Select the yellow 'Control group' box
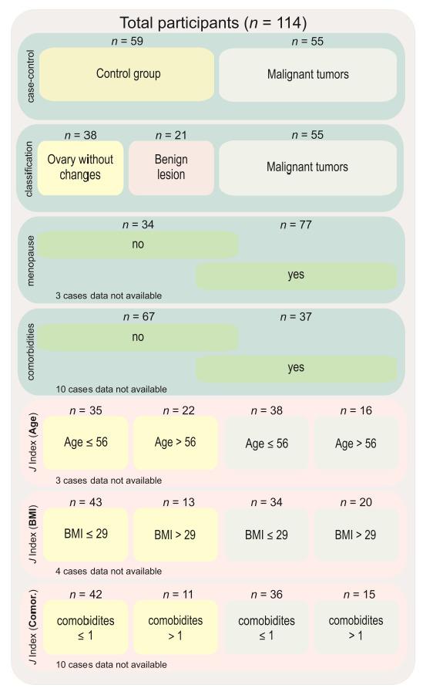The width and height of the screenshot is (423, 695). tap(127, 75)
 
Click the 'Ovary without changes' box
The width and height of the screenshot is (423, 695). tap(80, 167)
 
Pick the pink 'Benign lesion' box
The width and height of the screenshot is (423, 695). tap(171, 167)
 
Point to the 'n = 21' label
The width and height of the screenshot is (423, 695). tap(171, 134)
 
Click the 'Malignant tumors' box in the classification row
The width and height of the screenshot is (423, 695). tap(307, 167)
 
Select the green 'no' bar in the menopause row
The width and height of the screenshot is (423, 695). tap(139, 245)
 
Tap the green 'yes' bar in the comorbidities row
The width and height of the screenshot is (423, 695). tap(296, 368)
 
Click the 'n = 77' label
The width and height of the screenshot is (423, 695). tap(296, 225)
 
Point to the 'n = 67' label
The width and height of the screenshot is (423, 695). tap(139, 318)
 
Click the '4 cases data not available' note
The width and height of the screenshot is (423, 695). tap(109, 572)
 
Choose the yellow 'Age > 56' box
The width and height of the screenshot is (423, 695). tap(174, 444)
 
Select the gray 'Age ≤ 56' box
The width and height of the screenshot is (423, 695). tap(266, 444)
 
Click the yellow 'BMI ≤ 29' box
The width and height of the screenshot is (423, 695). tap(86, 534)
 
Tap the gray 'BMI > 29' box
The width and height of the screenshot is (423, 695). tap(355, 534)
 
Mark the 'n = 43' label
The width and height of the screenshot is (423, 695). tap(86, 502)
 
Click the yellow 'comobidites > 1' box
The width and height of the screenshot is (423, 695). tap(174, 626)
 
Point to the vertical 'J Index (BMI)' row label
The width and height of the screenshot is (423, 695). tap(30, 534)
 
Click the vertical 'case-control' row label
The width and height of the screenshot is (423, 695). tap(30, 75)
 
